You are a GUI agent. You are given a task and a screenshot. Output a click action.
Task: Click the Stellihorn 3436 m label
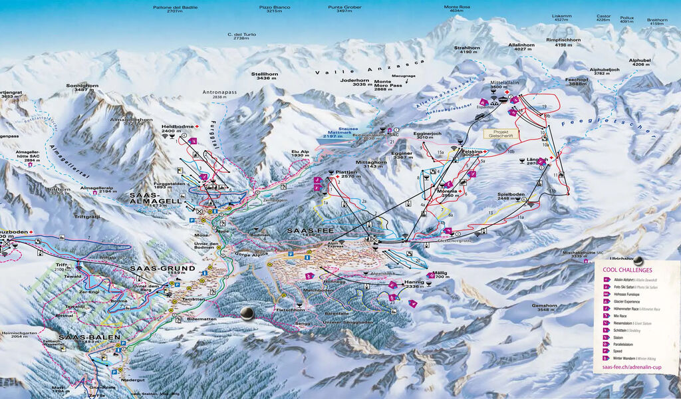[x=265, y=76]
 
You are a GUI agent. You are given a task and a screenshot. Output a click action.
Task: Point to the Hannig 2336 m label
[x=414, y=285]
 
